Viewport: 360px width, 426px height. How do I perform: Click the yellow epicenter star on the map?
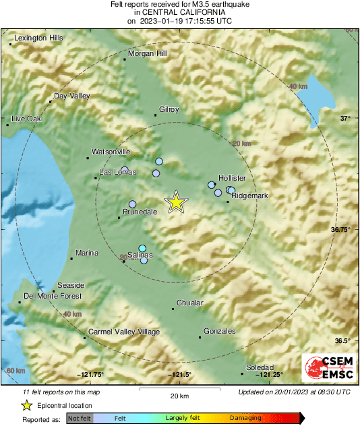(176, 202)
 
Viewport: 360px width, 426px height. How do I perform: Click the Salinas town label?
(140, 255)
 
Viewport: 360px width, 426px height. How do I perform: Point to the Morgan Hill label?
(147, 53)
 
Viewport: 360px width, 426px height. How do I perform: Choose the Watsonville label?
(111, 152)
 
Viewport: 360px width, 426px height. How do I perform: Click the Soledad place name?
(260, 367)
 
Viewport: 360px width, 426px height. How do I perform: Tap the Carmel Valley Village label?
(124, 332)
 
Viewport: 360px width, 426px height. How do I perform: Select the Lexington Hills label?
(38, 38)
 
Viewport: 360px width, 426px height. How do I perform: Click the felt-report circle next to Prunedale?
(133, 204)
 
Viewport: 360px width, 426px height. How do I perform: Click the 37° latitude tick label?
(344, 119)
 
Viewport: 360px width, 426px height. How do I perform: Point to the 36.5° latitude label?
(342, 340)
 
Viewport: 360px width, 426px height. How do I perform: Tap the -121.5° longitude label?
(179, 375)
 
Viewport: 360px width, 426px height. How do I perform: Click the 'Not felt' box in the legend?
(79, 418)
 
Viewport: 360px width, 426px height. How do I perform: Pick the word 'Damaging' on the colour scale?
(245, 418)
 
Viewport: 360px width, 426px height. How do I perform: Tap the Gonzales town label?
(220, 331)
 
